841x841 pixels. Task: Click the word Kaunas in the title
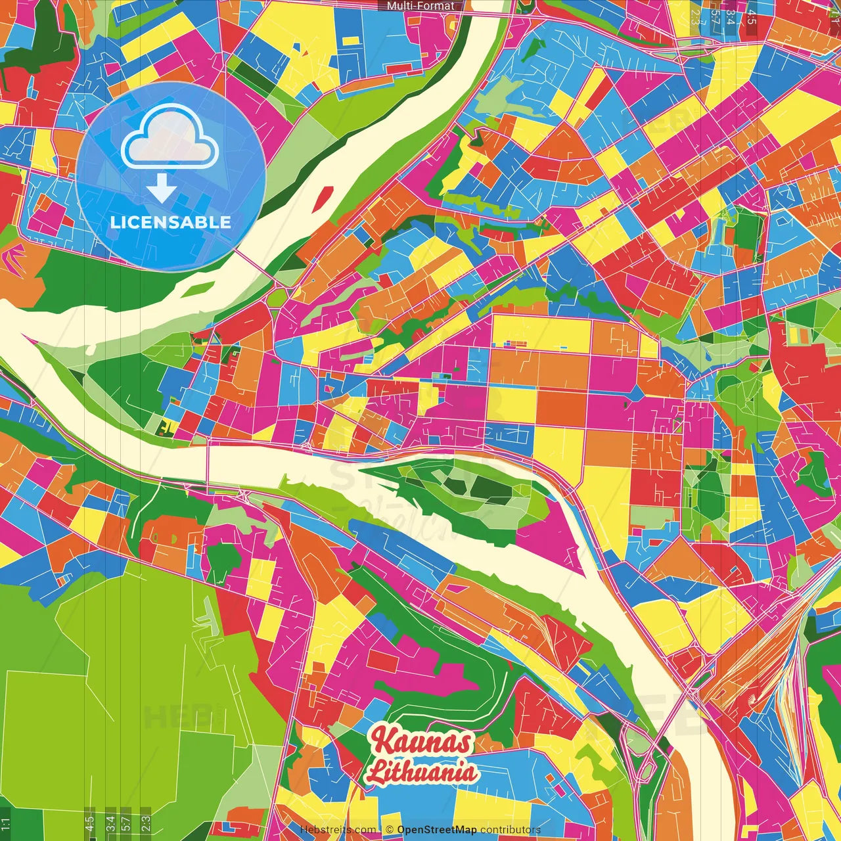click(421, 742)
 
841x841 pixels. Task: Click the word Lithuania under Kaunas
click(421, 771)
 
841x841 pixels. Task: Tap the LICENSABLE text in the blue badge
click(171, 222)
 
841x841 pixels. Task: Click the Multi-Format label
click(420, 6)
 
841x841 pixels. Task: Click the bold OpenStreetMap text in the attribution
click(437, 830)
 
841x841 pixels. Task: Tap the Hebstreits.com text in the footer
click(338, 830)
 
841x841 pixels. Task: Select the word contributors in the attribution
click(511, 830)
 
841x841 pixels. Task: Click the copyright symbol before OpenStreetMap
click(390, 830)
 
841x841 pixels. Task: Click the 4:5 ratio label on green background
click(90, 823)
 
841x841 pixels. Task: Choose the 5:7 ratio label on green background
click(126, 823)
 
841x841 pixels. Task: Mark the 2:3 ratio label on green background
click(146, 823)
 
